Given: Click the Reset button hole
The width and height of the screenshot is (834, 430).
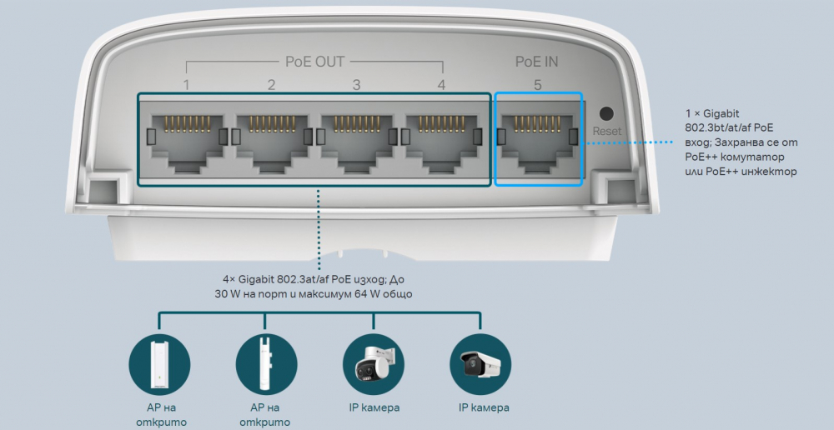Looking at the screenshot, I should (x=607, y=113).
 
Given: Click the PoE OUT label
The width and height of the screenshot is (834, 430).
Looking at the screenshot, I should (x=314, y=62).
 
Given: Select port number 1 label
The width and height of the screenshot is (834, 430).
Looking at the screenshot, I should (x=187, y=85).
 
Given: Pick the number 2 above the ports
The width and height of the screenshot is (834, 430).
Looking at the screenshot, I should (x=272, y=85).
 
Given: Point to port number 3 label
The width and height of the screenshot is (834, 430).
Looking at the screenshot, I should (x=357, y=85).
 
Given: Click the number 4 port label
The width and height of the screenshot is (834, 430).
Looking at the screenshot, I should (x=441, y=85).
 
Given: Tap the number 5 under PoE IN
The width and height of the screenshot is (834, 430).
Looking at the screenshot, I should (x=538, y=85).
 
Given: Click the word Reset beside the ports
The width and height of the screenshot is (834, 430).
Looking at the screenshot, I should (x=607, y=132).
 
